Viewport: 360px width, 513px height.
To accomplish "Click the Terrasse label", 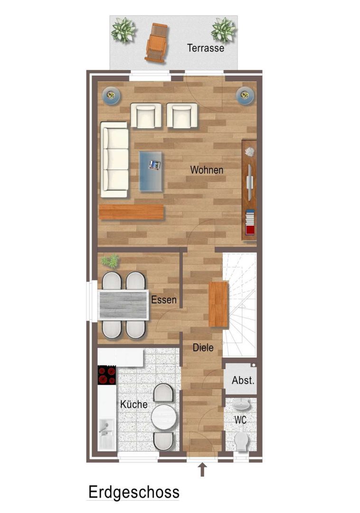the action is pyautogui.click(x=206, y=48).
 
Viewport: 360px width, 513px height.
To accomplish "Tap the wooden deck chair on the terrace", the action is pyautogui.click(x=157, y=42).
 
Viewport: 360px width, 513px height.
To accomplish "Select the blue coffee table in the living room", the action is pyautogui.click(x=151, y=171).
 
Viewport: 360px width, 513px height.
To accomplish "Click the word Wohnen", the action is pyautogui.click(x=207, y=170).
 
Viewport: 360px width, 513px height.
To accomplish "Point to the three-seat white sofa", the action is pyautogui.click(x=114, y=160).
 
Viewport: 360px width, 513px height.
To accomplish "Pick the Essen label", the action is pyautogui.click(x=164, y=300).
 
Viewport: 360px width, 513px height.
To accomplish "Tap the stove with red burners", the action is pyautogui.click(x=107, y=375).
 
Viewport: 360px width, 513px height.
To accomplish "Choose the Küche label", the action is pyautogui.click(x=134, y=404).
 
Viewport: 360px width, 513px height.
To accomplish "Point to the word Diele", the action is pyautogui.click(x=203, y=347).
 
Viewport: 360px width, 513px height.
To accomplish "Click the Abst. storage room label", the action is pyautogui.click(x=243, y=380).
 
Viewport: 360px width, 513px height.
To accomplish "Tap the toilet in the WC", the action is pyautogui.click(x=242, y=441).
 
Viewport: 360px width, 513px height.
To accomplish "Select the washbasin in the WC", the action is pyautogui.click(x=242, y=405).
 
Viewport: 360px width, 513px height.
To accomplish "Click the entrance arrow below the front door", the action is pyautogui.click(x=202, y=469).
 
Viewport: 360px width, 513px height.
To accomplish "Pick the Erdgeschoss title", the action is pyautogui.click(x=134, y=492).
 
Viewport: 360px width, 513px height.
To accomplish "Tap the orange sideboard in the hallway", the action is pyautogui.click(x=218, y=304).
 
